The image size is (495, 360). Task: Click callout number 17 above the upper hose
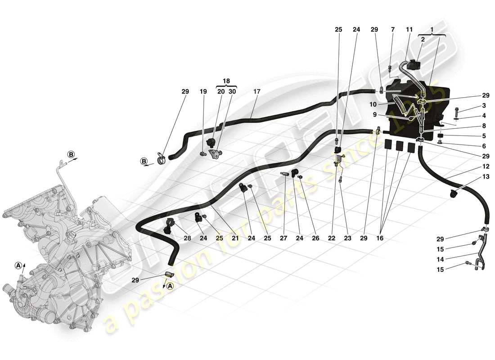(x=257, y=92)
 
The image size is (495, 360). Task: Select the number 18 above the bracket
(x=226, y=81)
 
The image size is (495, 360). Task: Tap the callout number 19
(x=203, y=92)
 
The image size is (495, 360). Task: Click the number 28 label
(x=187, y=238)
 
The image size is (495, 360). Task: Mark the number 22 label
(x=332, y=238)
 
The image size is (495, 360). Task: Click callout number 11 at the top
(x=409, y=30)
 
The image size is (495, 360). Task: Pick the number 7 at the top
(x=393, y=30)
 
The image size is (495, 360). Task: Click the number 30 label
(x=232, y=92)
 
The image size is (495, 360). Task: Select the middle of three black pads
(x=399, y=146)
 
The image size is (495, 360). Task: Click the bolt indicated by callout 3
(x=456, y=110)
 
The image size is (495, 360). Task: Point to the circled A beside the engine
(x=18, y=265)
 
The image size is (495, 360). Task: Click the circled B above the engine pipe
(x=71, y=154)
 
